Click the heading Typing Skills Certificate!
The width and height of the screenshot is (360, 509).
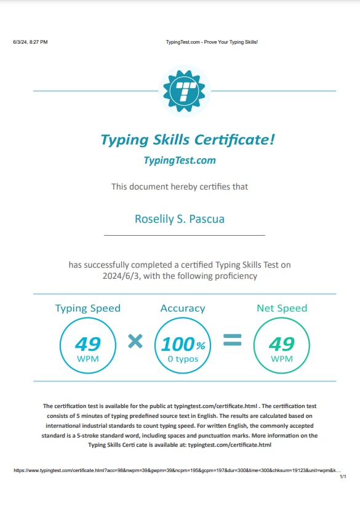pos(187,139)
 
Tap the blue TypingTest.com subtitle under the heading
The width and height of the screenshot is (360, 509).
pos(180,161)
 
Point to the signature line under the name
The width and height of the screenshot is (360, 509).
pos(184,235)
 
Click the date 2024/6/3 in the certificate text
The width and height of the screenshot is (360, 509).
pos(122,276)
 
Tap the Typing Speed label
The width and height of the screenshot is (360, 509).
pos(87,308)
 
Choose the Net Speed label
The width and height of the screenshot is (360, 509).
pos(282,308)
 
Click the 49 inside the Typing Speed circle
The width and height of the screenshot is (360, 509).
pos(87,343)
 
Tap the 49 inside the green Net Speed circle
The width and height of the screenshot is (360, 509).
pos(282,343)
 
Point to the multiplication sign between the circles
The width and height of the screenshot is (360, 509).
pos(135,340)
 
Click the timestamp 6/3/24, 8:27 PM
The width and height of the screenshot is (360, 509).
pos(30,42)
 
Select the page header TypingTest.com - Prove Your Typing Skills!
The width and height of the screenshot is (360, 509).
pos(212,42)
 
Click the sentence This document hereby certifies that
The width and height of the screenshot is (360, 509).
pos(180,186)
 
